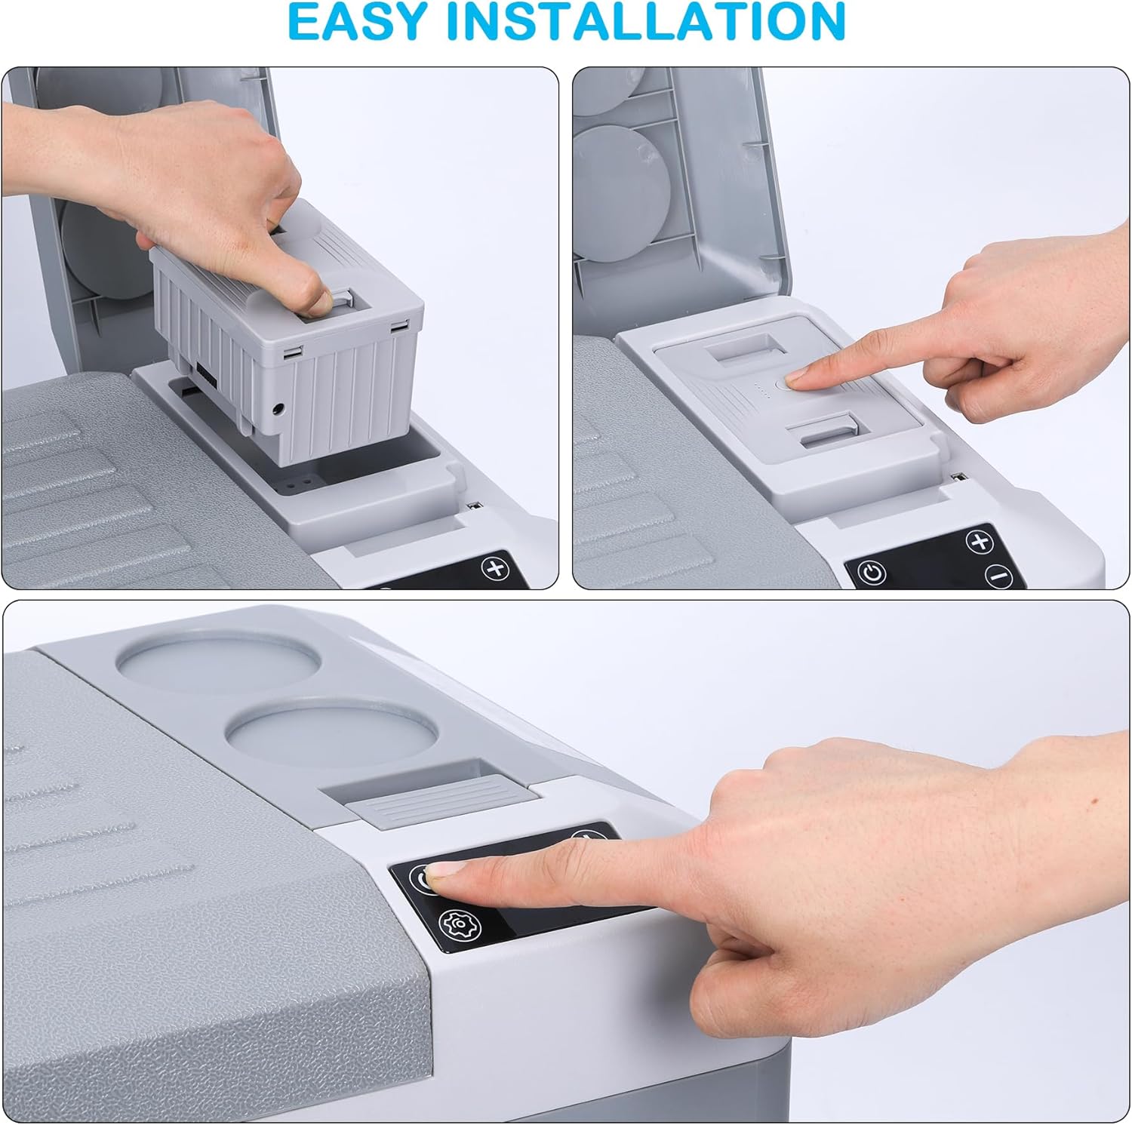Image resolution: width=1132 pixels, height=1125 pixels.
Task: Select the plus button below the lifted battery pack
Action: click(496, 568)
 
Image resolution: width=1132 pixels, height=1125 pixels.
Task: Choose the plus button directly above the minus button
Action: click(980, 542)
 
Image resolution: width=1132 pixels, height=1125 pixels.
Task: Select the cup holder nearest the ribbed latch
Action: click(332, 731)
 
